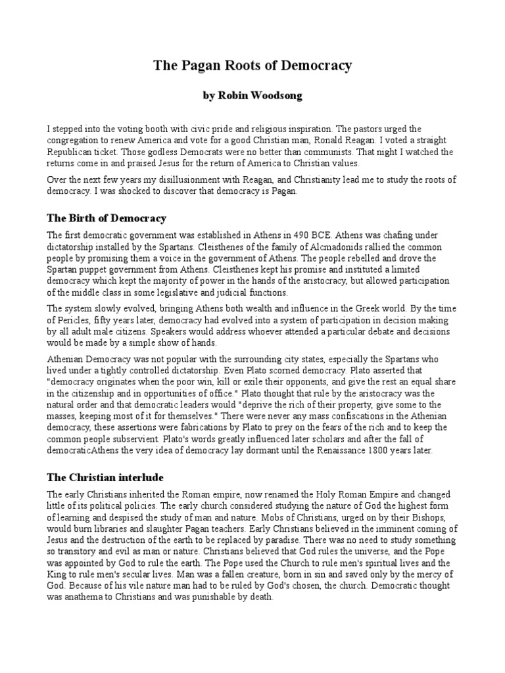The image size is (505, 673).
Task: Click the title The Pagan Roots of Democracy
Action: tap(252, 66)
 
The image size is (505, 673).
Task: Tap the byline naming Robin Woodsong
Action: tap(252, 96)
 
